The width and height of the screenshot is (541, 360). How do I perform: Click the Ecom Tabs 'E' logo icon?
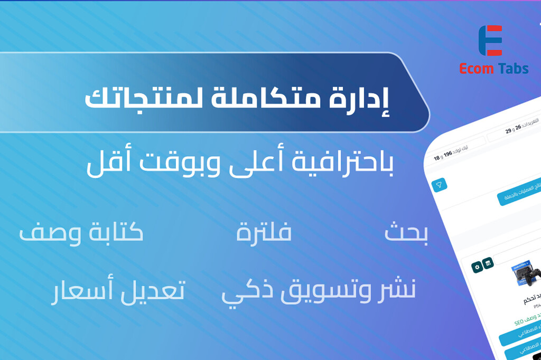[x=490, y=41]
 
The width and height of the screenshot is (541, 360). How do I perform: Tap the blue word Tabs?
[x=511, y=69]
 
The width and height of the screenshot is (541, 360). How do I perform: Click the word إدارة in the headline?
[x=368, y=99]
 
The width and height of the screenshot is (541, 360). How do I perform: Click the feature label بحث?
[x=406, y=234]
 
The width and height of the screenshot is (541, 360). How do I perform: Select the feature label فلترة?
[x=264, y=233]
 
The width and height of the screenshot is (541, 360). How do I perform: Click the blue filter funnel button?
[x=439, y=185]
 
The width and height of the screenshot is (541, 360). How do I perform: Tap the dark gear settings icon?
[x=477, y=267]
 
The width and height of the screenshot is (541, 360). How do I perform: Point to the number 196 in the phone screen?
[x=448, y=154]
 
